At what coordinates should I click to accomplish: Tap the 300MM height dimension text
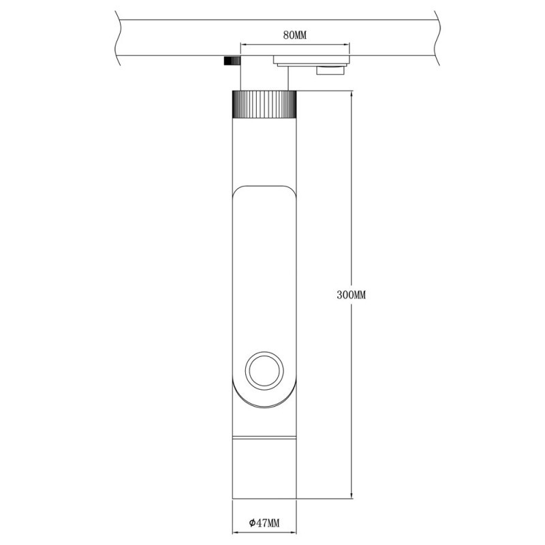pyautogui.click(x=352, y=295)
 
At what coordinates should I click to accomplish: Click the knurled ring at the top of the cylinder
pyautogui.click(x=265, y=104)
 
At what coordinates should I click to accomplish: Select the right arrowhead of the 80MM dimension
pyautogui.click(x=347, y=48)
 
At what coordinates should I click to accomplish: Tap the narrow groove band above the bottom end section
pyautogui.click(x=265, y=436)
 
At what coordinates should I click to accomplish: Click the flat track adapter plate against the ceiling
pyautogui.click(x=311, y=60)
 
